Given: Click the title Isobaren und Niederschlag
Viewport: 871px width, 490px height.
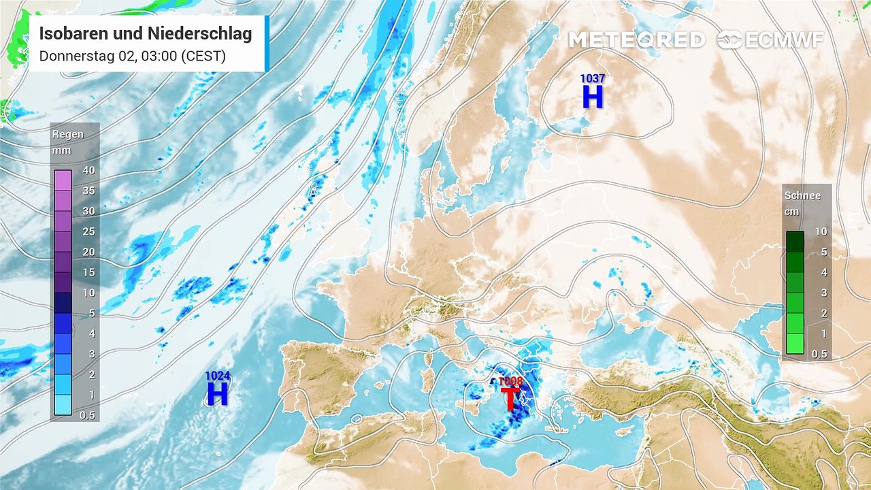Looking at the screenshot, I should click(x=146, y=33).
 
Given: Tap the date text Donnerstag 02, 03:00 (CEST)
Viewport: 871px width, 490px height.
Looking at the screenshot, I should click(x=132, y=56).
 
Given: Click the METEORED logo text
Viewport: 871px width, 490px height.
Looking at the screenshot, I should click(x=636, y=40).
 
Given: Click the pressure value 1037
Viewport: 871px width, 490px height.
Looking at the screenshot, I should click(x=593, y=79).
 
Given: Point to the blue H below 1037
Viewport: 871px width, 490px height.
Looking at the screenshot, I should click(x=593, y=98).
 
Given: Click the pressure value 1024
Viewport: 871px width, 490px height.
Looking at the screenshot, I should click(x=217, y=376).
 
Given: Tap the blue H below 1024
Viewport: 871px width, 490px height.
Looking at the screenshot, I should click(x=217, y=394).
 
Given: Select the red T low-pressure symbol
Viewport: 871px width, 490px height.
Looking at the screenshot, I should click(x=510, y=398).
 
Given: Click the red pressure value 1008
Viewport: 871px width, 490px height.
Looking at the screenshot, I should click(x=510, y=381).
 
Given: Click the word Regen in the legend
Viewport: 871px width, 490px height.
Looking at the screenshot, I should click(x=68, y=134).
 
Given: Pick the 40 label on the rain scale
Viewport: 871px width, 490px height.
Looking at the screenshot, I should click(x=88, y=170).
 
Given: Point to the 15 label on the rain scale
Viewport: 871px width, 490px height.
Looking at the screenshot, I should click(x=88, y=272).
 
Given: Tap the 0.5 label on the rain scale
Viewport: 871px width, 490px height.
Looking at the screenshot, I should click(x=87, y=415).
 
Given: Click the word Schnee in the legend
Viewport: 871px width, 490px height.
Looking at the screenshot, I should click(x=802, y=195).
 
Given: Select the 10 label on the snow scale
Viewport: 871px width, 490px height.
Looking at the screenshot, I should click(x=821, y=231).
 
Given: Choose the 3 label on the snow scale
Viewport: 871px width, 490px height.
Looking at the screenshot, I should click(x=821, y=293).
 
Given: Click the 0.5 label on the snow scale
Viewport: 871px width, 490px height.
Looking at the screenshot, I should click(x=819, y=354).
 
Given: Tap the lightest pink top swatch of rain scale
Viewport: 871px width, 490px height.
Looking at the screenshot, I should click(x=63, y=180).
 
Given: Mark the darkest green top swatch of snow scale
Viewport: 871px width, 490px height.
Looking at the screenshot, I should click(x=795, y=241).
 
